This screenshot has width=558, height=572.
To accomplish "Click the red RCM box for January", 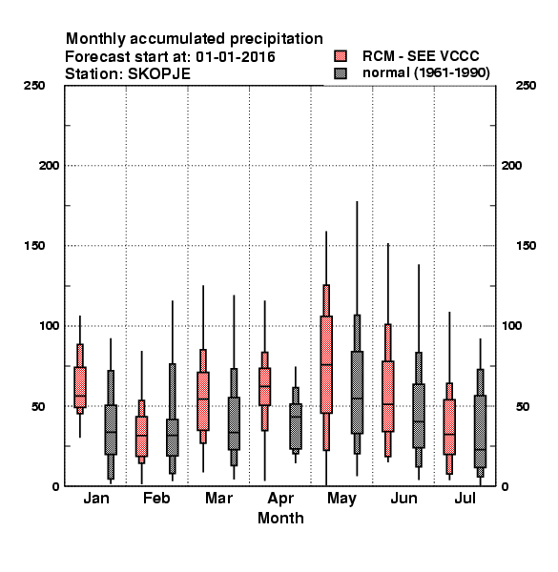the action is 80,387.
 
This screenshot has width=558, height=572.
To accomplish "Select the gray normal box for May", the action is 357,393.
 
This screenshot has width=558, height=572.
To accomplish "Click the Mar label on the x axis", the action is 219,498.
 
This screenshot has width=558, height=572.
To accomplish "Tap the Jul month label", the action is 465,498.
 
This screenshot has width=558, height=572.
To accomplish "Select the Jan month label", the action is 96,498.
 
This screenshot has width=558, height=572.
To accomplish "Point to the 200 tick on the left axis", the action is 49,166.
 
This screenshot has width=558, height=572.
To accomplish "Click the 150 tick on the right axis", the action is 526,246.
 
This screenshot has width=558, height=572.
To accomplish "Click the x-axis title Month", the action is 280,518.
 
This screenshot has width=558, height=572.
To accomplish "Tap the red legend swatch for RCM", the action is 341,56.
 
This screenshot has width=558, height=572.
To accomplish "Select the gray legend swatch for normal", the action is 341,73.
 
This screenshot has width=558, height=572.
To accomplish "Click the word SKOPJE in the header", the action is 159,74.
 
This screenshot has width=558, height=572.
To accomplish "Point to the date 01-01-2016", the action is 236,57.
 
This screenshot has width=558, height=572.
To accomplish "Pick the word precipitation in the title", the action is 277,39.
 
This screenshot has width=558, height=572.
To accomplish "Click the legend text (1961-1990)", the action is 452,73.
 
